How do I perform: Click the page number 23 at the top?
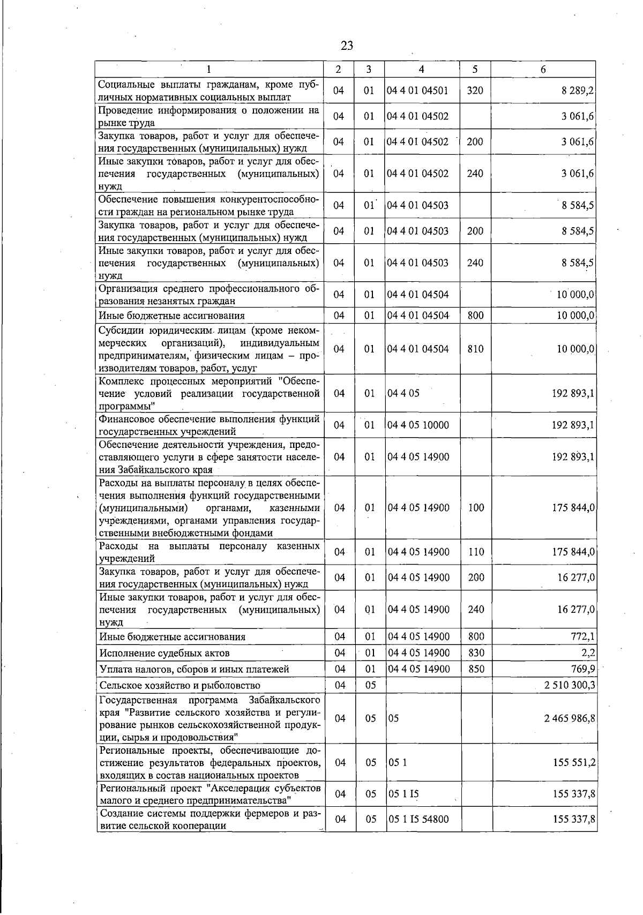[347, 46]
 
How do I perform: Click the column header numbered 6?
[543, 69]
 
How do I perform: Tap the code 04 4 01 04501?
[417, 91]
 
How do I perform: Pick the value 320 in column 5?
[475, 91]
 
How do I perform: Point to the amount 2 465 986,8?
[570, 718]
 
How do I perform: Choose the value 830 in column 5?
[476, 653]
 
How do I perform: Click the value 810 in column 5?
[475, 349]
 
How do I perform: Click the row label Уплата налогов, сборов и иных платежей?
[195, 669]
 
